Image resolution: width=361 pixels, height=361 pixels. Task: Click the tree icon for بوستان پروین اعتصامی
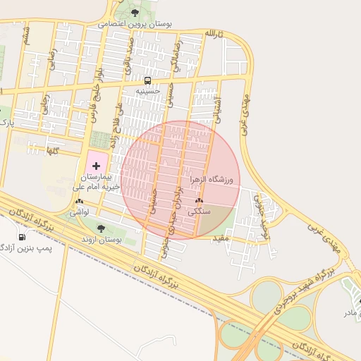(135, 12)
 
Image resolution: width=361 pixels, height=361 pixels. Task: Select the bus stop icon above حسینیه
(148, 80)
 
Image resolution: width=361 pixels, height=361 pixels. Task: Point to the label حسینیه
(148, 91)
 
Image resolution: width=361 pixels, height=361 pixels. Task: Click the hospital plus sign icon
(96, 164)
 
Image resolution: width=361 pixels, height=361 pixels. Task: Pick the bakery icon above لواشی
(77, 202)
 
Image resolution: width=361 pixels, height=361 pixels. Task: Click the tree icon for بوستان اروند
(100, 228)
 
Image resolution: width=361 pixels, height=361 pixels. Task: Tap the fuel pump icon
(21, 237)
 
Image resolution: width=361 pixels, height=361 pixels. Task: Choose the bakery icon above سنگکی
(200, 202)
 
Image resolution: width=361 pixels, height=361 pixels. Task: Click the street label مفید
(221, 238)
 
